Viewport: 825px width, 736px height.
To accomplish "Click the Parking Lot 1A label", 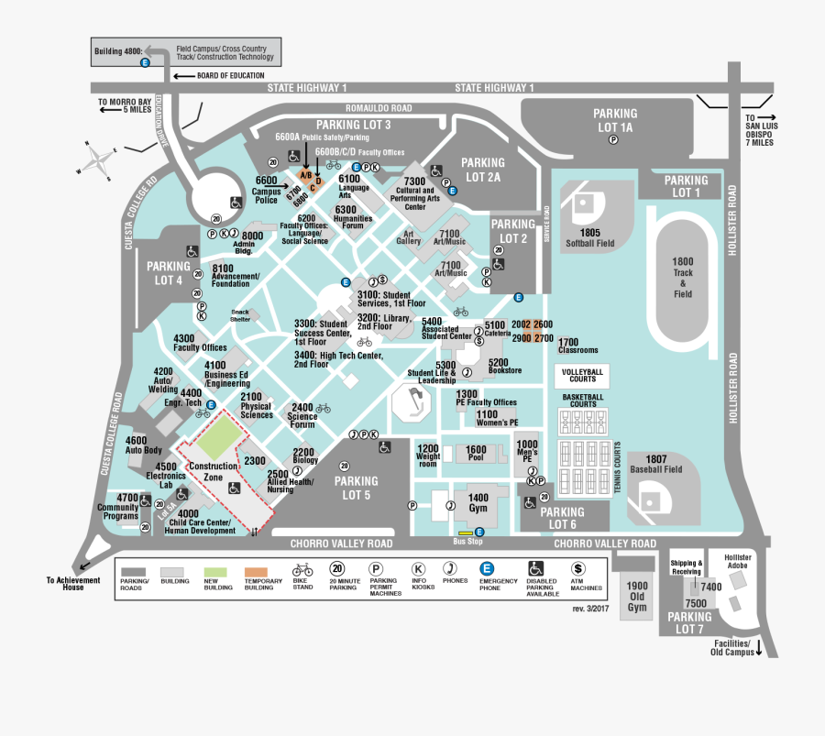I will pos(615,120).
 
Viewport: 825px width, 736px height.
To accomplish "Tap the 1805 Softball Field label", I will pos(590,238).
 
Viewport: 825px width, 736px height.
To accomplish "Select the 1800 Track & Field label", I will pos(682,278).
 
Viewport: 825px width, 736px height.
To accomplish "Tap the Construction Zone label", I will pos(213,472).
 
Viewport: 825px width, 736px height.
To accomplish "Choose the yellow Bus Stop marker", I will pos(466,533).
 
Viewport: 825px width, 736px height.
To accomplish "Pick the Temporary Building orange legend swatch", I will pos(262,569).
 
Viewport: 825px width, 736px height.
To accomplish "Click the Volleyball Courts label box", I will pos(581,375).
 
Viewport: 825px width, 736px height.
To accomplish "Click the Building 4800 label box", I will pos(118,51).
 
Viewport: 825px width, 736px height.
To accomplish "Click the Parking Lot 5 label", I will pos(356,488).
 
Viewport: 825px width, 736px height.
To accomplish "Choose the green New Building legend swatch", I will pos(217,569).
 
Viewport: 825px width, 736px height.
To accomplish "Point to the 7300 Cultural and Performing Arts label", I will pos(415,193).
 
